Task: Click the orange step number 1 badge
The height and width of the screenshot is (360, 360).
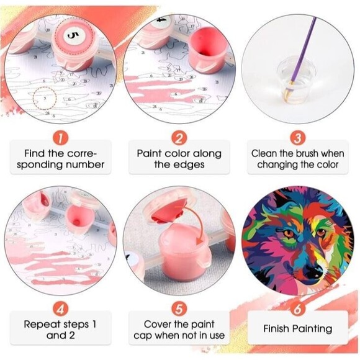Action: pyautogui.click(x=61, y=138)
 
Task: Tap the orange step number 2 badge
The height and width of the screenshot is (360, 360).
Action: pyautogui.click(x=179, y=138)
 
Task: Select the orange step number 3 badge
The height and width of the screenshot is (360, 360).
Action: pyautogui.click(x=298, y=138)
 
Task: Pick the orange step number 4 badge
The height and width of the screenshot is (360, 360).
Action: pyautogui.click(x=61, y=309)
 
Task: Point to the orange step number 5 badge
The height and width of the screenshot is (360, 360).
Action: pyautogui.click(x=179, y=309)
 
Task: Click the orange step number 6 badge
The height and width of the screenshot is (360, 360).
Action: pyautogui.click(x=297, y=309)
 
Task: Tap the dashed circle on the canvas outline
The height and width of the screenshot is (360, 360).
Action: pyautogui.click(x=45, y=98)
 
